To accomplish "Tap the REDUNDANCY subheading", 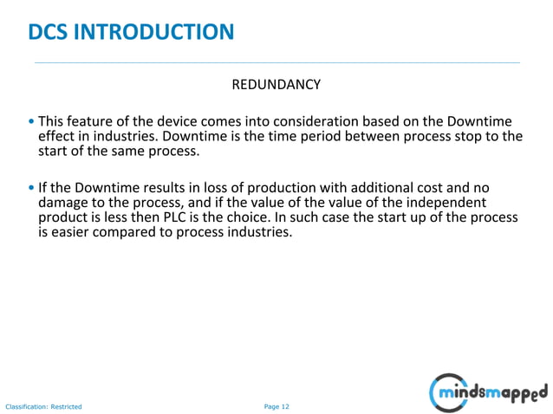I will (x=276, y=85).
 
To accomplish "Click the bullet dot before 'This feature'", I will (x=32, y=121).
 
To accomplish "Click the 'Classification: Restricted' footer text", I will (x=43, y=406).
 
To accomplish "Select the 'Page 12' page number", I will (x=276, y=405).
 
